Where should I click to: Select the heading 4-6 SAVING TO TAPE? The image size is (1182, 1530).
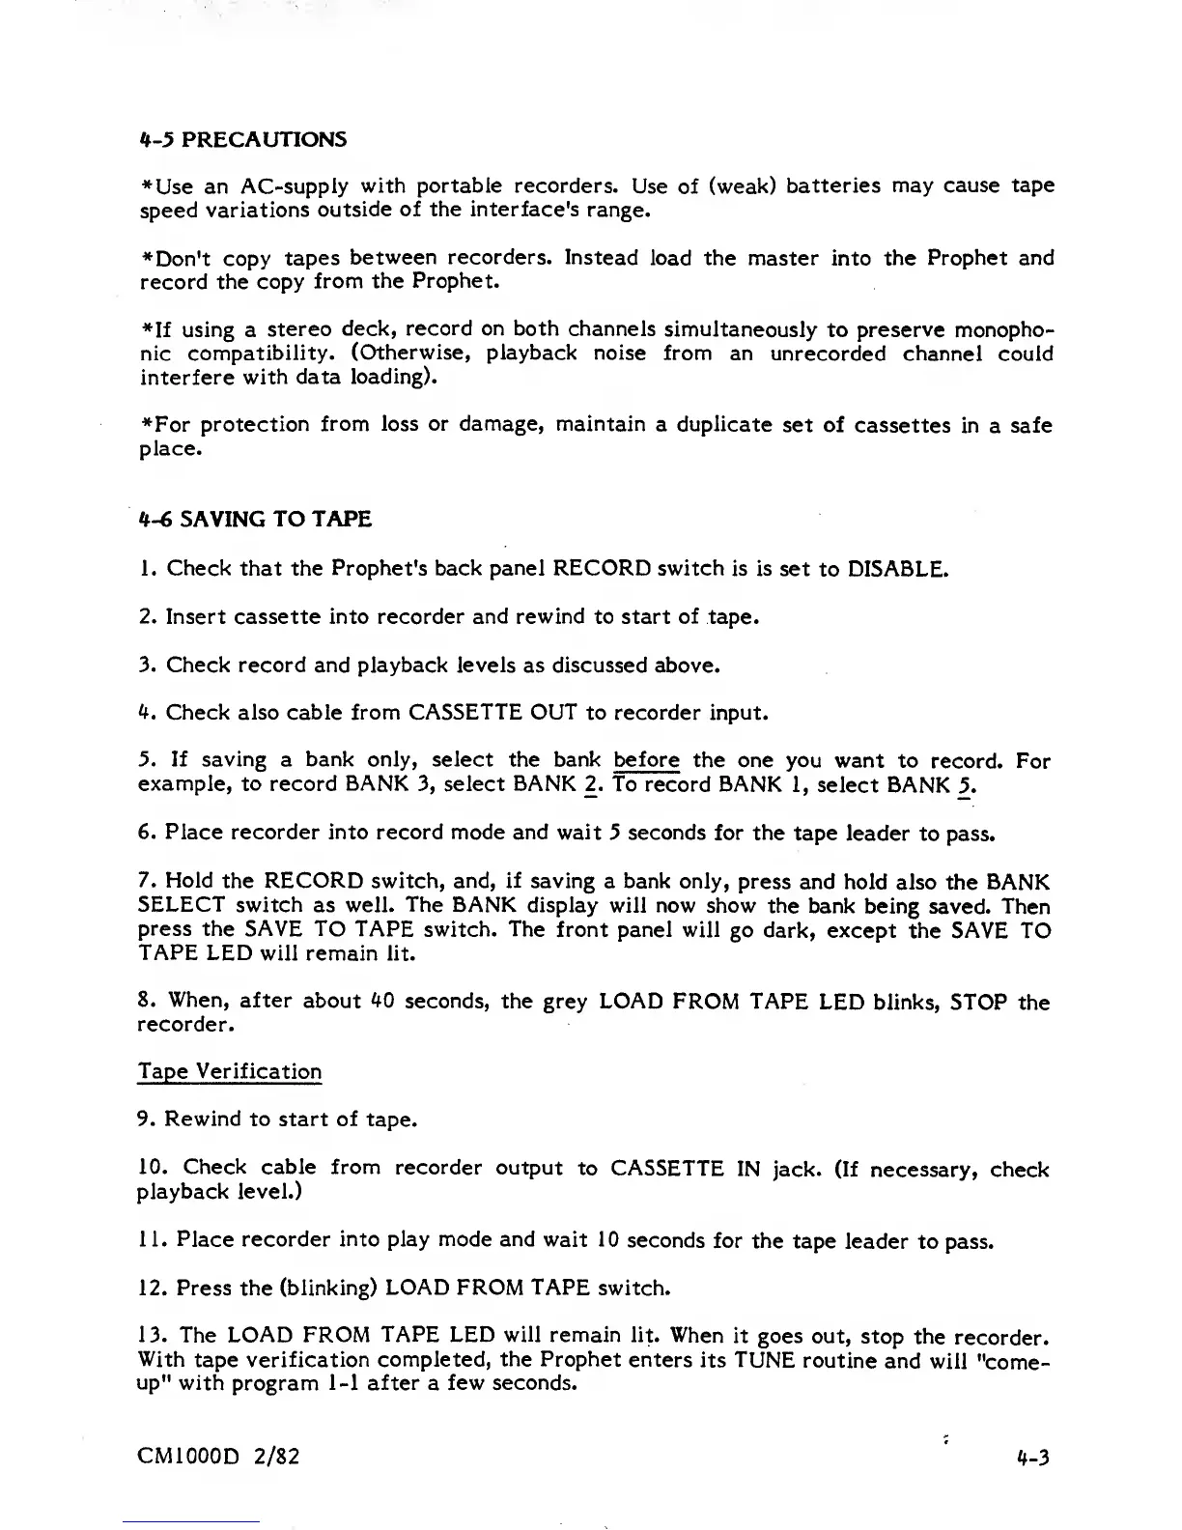click(256, 520)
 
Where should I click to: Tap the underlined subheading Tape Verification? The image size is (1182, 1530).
click(230, 1071)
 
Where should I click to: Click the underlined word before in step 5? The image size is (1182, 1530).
click(646, 761)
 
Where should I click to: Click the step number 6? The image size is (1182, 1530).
click(146, 833)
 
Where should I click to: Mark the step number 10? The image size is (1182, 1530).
click(153, 1169)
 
